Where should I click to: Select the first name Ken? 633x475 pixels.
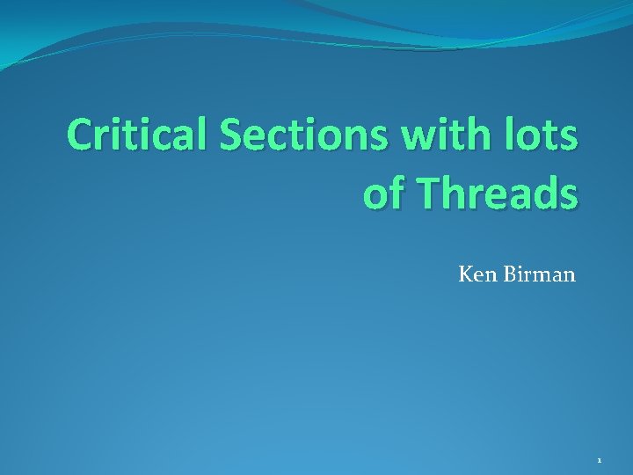click(x=476, y=275)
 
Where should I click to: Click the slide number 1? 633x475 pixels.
click(x=599, y=460)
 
